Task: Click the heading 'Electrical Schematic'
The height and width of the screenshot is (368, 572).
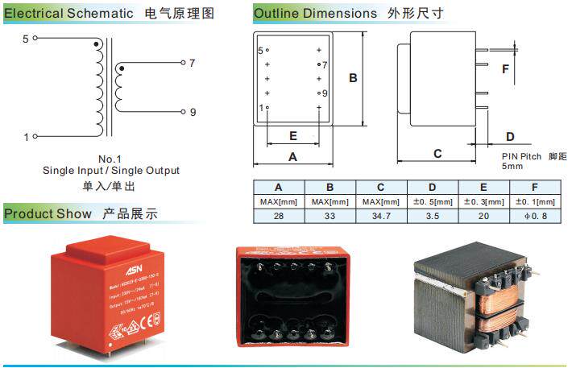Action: tap(68, 14)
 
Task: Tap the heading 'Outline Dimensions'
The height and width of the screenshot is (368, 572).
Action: tap(315, 14)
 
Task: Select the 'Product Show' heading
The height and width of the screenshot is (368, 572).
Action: tap(48, 213)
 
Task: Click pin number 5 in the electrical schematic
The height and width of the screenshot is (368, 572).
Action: tap(25, 38)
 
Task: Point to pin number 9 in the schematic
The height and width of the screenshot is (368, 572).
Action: tap(193, 113)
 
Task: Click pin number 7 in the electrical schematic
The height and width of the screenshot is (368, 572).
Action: tap(192, 63)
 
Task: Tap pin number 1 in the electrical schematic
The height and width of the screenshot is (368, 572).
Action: tap(25, 137)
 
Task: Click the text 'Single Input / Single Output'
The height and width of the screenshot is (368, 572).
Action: tap(111, 170)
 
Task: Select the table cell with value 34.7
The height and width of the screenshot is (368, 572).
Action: tap(382, 217)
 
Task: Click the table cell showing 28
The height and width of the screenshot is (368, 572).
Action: tap(279, 217)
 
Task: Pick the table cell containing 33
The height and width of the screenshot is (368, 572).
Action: tap(330, 217)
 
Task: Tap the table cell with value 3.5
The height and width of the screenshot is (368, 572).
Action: tap(433, 217)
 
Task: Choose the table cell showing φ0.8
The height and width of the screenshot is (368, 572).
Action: tap(536, 217)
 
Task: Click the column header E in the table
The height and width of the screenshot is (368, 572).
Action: tap(484, 187)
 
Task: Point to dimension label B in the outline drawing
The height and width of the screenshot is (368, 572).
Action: tap(353, 78)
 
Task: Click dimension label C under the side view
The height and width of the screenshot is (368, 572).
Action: tap(437, 153)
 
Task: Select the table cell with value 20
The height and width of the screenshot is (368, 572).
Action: tap(484, 217)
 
